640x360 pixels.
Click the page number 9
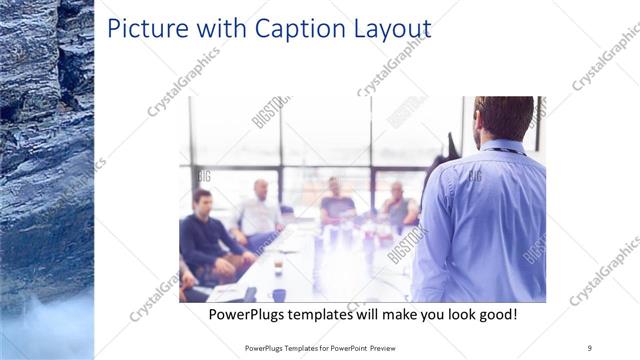pyautogui.click(x=590, y=348)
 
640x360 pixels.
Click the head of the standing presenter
pyautogui.click(x=503, y=118)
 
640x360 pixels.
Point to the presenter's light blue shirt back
pyautogui.click(x=490, y=220)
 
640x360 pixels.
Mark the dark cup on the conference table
pyautogui.click(x=278, y=295)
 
